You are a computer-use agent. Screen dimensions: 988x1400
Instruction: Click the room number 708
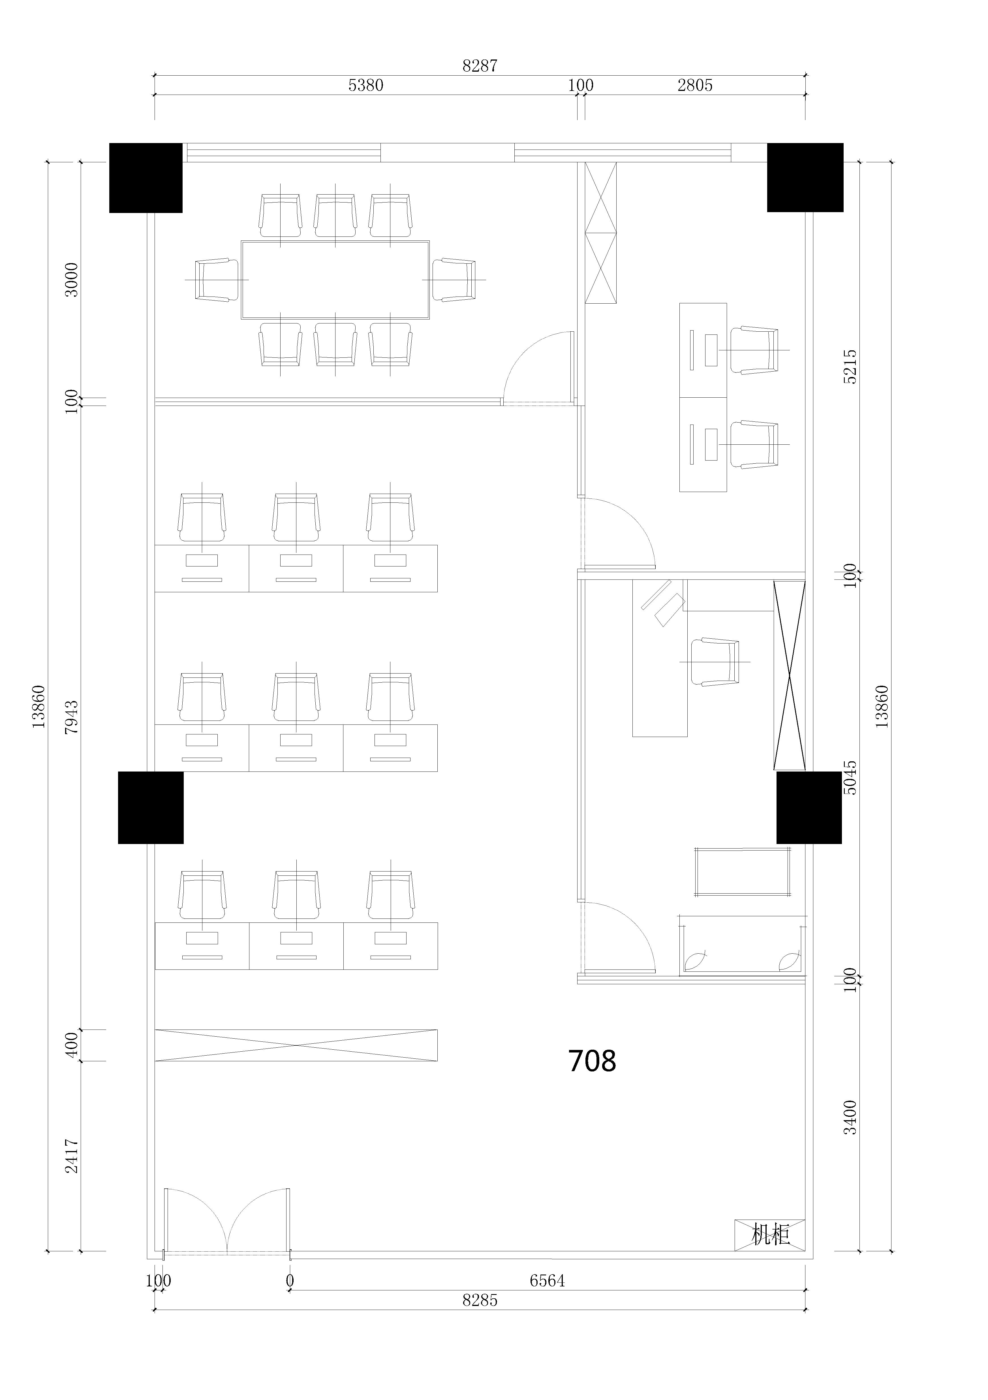(x=592, y=1061)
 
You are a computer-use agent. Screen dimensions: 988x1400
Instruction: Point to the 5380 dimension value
(x=366, y=85)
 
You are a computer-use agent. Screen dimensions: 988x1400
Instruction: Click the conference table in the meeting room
(x=335, y=280)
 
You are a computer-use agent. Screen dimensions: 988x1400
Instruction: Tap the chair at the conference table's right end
(x=454, y=280)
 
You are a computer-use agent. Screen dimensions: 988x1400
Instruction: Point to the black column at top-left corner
(x=146, y=178)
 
